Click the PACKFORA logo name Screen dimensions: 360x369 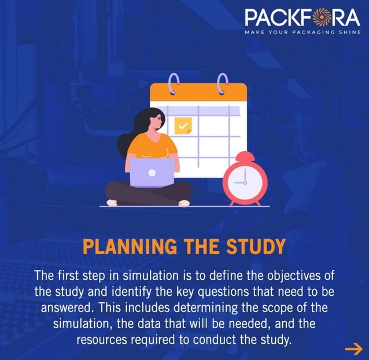tap(302, 17)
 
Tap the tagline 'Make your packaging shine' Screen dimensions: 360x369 tap(302, 32)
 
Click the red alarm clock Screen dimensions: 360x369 tap(245, 180)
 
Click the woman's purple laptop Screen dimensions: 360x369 tap(152, 173)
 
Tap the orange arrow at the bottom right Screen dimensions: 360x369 tap(353, 348)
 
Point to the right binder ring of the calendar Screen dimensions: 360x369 tap(222, 84)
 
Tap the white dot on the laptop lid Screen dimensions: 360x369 tap(152, 173)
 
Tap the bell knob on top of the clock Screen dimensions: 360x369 tap(245, 154)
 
